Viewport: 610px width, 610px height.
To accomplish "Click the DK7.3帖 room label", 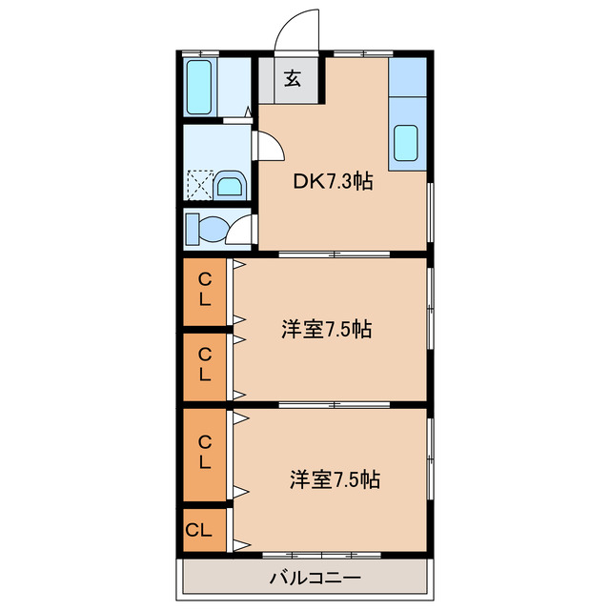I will (332, 181).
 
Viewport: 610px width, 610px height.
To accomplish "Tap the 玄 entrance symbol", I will (293, 80).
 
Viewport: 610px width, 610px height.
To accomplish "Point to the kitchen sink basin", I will (406, 143).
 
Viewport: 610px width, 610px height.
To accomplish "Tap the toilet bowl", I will (211, 230).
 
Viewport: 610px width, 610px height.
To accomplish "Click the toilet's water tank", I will (191, 230).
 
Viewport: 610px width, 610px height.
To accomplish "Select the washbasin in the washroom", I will (229, 183).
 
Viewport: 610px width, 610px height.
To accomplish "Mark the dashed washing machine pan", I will (199, 183).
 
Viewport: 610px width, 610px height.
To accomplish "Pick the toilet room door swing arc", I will (242, 229).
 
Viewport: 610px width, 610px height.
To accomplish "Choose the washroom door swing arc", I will (270, 145).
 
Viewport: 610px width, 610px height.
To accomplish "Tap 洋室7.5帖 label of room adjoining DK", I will (326, 330).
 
